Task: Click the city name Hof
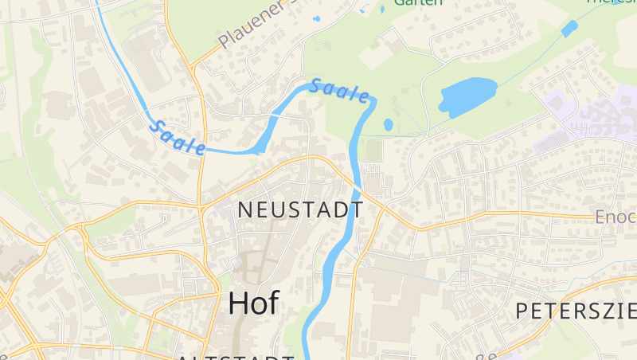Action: pyautogui.click(x=253, y=303)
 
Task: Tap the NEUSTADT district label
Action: pyautogui.click(x=301, y=210)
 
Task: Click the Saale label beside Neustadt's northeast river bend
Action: pyautogui.click(x=341, y=91)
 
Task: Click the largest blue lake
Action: pyautogui.click(x=467, y=96)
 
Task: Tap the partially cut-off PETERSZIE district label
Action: pyautogui.click(x=575, y=311)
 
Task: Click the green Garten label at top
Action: pyautogui.click(x=417, y=3)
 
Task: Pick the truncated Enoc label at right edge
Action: pyautogui.click(x=616, y=217)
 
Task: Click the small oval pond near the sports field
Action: pyautogui.click(x=388, y=125)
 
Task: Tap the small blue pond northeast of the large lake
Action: pyautogui.click(x=569, y=29)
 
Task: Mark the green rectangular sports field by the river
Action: pyautogui.click(x=373, y=150)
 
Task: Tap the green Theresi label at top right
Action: pyautogui.click(x=612, y=2)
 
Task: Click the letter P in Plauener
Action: pyautogui.click(x=224, y=41)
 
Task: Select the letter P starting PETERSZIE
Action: pyautogui.click(x=522, y=311)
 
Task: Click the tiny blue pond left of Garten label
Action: pyautogui.click(x=316, y=18)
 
